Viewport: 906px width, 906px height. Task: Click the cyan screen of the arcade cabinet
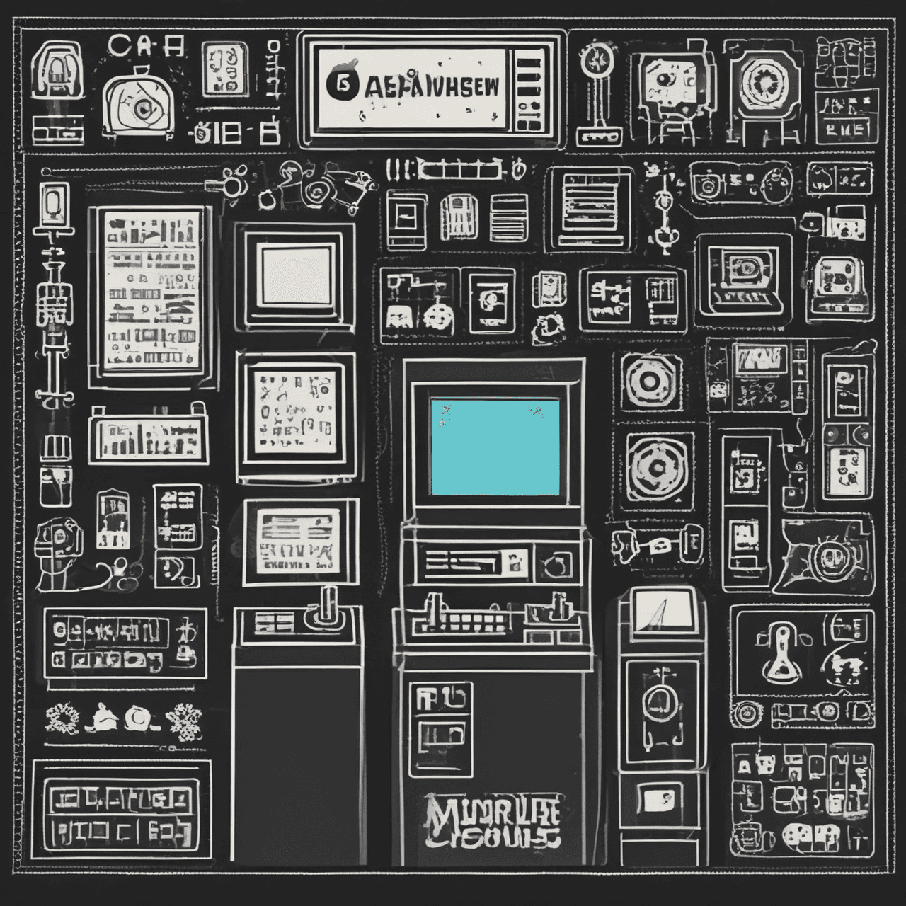tap(494, 446)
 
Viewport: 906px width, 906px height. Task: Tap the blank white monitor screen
tap(296, 275)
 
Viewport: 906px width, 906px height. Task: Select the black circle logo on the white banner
tap(340, 84)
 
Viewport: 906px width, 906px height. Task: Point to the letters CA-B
tap(147, 47)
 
